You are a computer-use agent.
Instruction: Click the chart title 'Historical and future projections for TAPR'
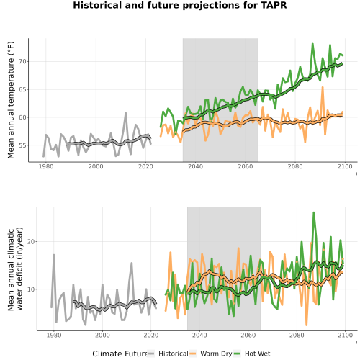pyautogui.click(x=180, y=5)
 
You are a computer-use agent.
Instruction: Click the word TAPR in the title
pyautogui.click(x=275, y=5)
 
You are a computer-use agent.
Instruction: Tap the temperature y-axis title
pyautogui.click(x=11, y=100)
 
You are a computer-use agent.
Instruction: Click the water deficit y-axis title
pyautogui.click(x=15, y=269)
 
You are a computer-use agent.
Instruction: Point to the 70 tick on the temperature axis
pyautogui.click(x=22, y=62)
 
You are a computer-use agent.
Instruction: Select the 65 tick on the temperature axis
pyautogui.click(x=22, y=89)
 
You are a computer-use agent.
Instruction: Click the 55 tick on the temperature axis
pyautogui.click(x=22, y=145)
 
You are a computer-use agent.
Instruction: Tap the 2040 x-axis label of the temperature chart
pyautogui.click(x=195, y=166)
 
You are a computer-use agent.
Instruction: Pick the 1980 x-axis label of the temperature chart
pyautogui.click(x=46, y=166)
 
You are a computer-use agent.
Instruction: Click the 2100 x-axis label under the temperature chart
pyautogui.click(x=345, y=166)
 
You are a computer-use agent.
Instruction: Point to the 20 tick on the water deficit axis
pyautogui.click(x=31, y=242)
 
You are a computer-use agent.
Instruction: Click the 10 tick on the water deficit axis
pyautogui.click(x=31, y=289)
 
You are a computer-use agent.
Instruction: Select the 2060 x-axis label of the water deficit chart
pyautogui.click(x=248, y=335)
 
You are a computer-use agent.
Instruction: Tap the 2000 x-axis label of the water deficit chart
pyautogui.click(x=102, y=335)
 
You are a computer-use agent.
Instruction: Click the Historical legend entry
pyautogui.click(x=168, y=354)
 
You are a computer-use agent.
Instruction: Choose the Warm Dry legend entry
pyautogui.click(x=211, y=354)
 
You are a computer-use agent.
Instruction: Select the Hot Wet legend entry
pyautogui.click(x=252, y=354)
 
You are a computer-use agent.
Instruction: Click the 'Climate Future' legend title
pyautogui.click(x=120, y=354)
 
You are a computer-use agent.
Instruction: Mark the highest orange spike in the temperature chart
pyautogui.click(x=323, y=87)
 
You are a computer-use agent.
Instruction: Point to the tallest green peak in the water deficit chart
pyautogui.click(x=313, y=212)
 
